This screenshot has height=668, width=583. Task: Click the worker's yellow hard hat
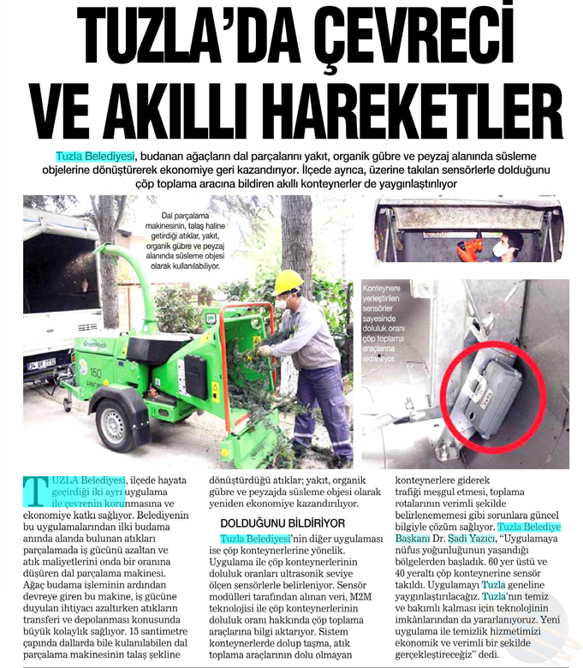point(289,281)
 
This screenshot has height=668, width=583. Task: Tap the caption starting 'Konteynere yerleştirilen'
point(390,324)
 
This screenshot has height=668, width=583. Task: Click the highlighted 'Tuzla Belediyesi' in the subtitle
point(96,156)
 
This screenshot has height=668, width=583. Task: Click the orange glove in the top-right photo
point(468,249)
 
